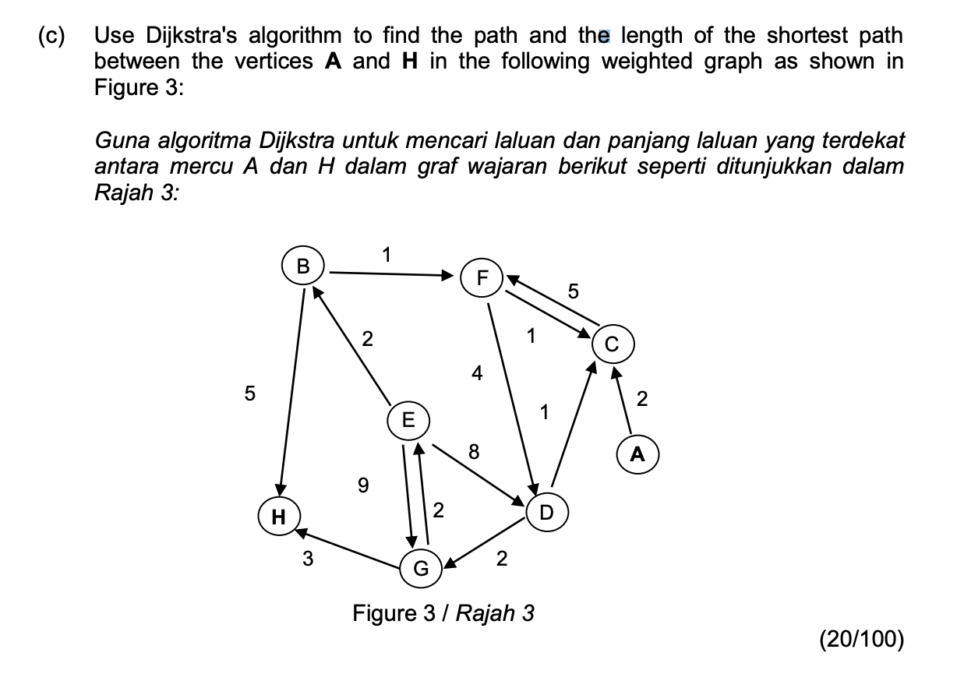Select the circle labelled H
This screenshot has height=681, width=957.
(277, 517)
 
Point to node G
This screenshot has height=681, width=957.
(420, 568)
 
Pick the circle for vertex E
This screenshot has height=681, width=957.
(408, 420)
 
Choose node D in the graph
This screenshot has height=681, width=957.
(546, 512)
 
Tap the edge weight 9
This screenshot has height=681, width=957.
(362, 485)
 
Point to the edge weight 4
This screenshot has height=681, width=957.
(477, 373)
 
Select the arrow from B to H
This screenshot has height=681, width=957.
(290, 390)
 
